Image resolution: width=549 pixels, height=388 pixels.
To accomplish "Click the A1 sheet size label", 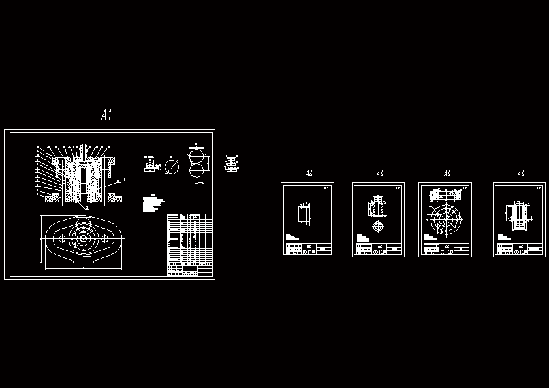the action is coord(106,115).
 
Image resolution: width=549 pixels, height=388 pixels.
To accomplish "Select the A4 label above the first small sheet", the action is coord(309,174).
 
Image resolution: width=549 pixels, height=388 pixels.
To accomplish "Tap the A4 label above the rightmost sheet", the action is coord(520,174).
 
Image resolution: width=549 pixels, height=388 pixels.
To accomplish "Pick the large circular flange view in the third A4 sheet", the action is coord(445,219).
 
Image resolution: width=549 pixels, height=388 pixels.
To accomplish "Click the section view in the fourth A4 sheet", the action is coord(518,215).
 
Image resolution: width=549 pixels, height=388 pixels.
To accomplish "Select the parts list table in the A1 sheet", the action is coord(190,245).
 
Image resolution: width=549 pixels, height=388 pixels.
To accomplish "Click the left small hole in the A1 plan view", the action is coord(63,240).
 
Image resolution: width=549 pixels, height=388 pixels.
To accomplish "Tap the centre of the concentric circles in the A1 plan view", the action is coord(84,240).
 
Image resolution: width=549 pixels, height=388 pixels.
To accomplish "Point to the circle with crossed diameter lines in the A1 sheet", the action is coord(171,167).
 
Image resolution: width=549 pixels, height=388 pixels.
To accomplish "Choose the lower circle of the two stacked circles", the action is coord(196,174).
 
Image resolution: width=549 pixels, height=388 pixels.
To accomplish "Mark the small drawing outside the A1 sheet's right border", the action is coord(230,163).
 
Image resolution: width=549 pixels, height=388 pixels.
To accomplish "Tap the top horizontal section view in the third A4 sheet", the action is coord(445,194).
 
